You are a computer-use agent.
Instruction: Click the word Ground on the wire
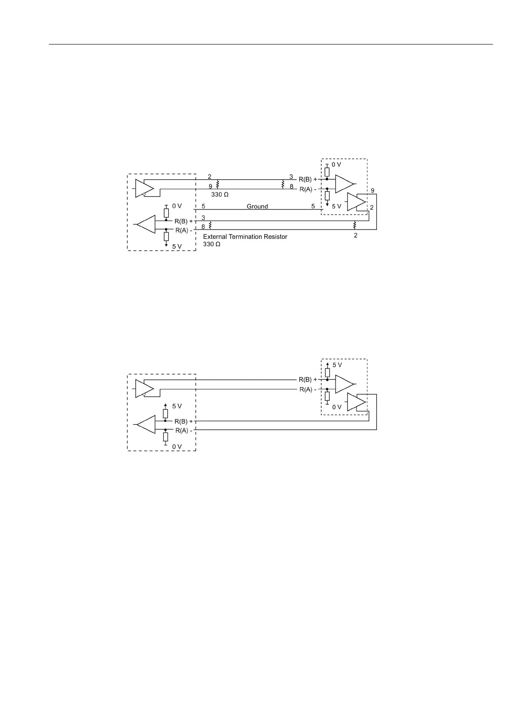pyautogui.click(x=257, y=206)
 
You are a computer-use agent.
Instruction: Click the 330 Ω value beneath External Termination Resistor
pyautogui.click(x=212, y=244)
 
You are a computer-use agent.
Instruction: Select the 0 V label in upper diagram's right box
pyautogui.click(x=336, y=165)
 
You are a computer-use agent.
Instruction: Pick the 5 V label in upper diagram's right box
pyautogui.click(x=336, y=206)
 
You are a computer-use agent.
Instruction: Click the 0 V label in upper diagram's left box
pyautogui.click(x=177, y=206)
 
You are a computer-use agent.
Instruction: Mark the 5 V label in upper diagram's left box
pyautogui.click(x=177, y=246)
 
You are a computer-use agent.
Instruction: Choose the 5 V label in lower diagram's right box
pyautogui.click(x=337, y=365)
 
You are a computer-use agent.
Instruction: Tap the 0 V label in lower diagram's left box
pyautogui.click(x=177, y=447)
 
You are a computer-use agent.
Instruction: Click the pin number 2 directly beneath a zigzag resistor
pyautogui.click(x=356, y=235)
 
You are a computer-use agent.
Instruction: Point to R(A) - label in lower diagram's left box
pyautogui.click(x=184, y=431)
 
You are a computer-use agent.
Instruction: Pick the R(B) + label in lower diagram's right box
pyautogui.click(x=307, y=379)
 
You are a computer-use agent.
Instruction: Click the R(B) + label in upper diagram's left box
pyautogui.click(x=184, y=221)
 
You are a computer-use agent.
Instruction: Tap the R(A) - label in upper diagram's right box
pyautogui.click(x=307, y=189)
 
